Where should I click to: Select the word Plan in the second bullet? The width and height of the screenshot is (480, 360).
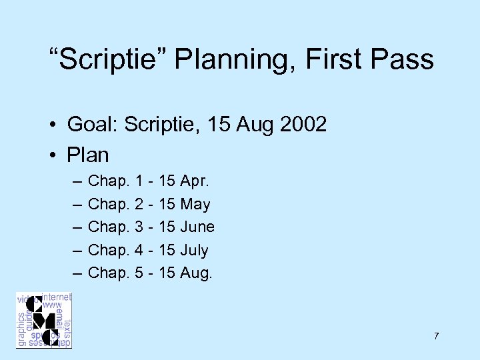(x=88, y=155)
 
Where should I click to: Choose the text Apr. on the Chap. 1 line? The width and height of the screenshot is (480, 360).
(x=197, y=181)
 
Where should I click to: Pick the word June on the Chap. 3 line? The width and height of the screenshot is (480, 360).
(x=197, y=227)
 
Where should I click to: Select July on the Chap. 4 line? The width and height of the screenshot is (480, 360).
(x=194, y=251)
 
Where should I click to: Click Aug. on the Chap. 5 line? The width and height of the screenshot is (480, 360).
(x=197, y=273)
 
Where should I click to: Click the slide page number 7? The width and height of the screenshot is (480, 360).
(x=436, y=336)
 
